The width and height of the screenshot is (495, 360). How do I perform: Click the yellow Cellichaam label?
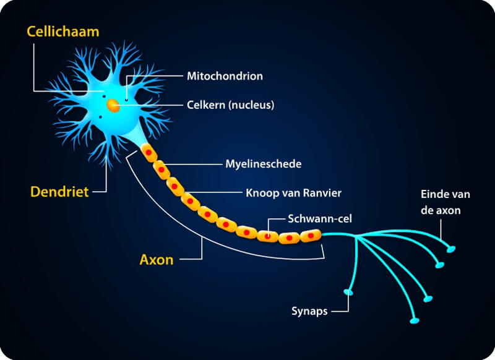click(63, 32)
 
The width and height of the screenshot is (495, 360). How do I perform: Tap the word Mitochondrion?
click(225, 76)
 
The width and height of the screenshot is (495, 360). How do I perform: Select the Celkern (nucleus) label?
click(230, 105)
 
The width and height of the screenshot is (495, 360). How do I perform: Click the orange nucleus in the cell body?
click(113, 106)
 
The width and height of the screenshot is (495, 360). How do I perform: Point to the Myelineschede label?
click(264, 164)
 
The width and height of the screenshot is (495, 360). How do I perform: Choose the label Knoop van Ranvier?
click(293, 193)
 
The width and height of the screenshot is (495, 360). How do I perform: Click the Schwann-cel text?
click(320, 218)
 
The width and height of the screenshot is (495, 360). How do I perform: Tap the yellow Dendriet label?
click(59, 192)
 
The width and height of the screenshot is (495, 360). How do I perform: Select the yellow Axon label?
click(157, 260)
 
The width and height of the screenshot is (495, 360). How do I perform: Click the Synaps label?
click(309, 311)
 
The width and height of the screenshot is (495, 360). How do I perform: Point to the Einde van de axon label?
click(445, 202)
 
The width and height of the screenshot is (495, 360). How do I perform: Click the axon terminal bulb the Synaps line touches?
click(348, 292)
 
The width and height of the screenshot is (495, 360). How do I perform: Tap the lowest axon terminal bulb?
click(415, 320)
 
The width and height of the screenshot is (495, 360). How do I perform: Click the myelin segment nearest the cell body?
click(148, 152)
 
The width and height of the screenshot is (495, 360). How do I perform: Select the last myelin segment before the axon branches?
click(311, 236)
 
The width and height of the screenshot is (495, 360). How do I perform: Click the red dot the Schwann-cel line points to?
click(267, 236)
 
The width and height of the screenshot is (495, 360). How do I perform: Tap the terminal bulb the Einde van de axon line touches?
click(450, 249)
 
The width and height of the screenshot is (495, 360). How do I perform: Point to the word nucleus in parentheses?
click(252, 105)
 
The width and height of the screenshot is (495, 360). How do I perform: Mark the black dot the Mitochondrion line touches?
click(127, 100)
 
